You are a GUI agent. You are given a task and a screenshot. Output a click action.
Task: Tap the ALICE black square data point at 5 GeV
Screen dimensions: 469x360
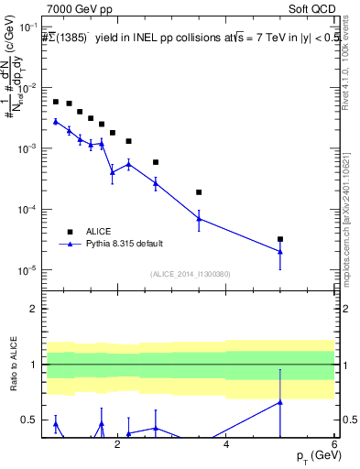pos(280,239)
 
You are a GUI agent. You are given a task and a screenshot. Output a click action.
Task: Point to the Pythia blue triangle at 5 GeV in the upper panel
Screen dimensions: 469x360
pos(280,252)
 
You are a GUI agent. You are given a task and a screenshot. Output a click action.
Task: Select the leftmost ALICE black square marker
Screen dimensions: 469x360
pos(56,102)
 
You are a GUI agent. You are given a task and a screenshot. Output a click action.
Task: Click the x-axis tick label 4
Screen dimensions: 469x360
pos(226,446)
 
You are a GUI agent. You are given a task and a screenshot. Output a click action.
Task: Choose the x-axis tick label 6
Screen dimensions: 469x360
pos(334,446)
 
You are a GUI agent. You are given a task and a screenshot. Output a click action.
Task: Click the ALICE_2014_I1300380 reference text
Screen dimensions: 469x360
pos(189,274)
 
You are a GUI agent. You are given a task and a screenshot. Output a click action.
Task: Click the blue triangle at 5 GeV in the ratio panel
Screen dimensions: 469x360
pos(280,401)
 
